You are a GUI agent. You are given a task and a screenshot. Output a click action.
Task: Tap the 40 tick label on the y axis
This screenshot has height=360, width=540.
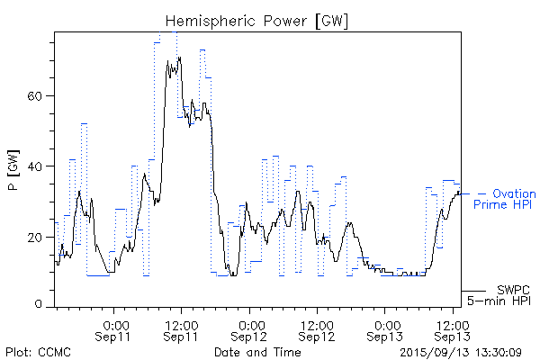(36, 166)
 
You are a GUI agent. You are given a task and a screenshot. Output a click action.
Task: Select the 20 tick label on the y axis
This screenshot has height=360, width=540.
(36, 237)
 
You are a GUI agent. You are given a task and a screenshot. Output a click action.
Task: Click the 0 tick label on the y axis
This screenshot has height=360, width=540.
(40, 306)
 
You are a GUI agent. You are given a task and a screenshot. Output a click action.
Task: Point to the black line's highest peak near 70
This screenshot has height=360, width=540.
(180, 58)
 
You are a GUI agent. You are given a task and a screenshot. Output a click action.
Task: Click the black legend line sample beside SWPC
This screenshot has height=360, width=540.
(474, 291)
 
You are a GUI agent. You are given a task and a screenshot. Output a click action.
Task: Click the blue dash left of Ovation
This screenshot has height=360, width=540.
(482, 193)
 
